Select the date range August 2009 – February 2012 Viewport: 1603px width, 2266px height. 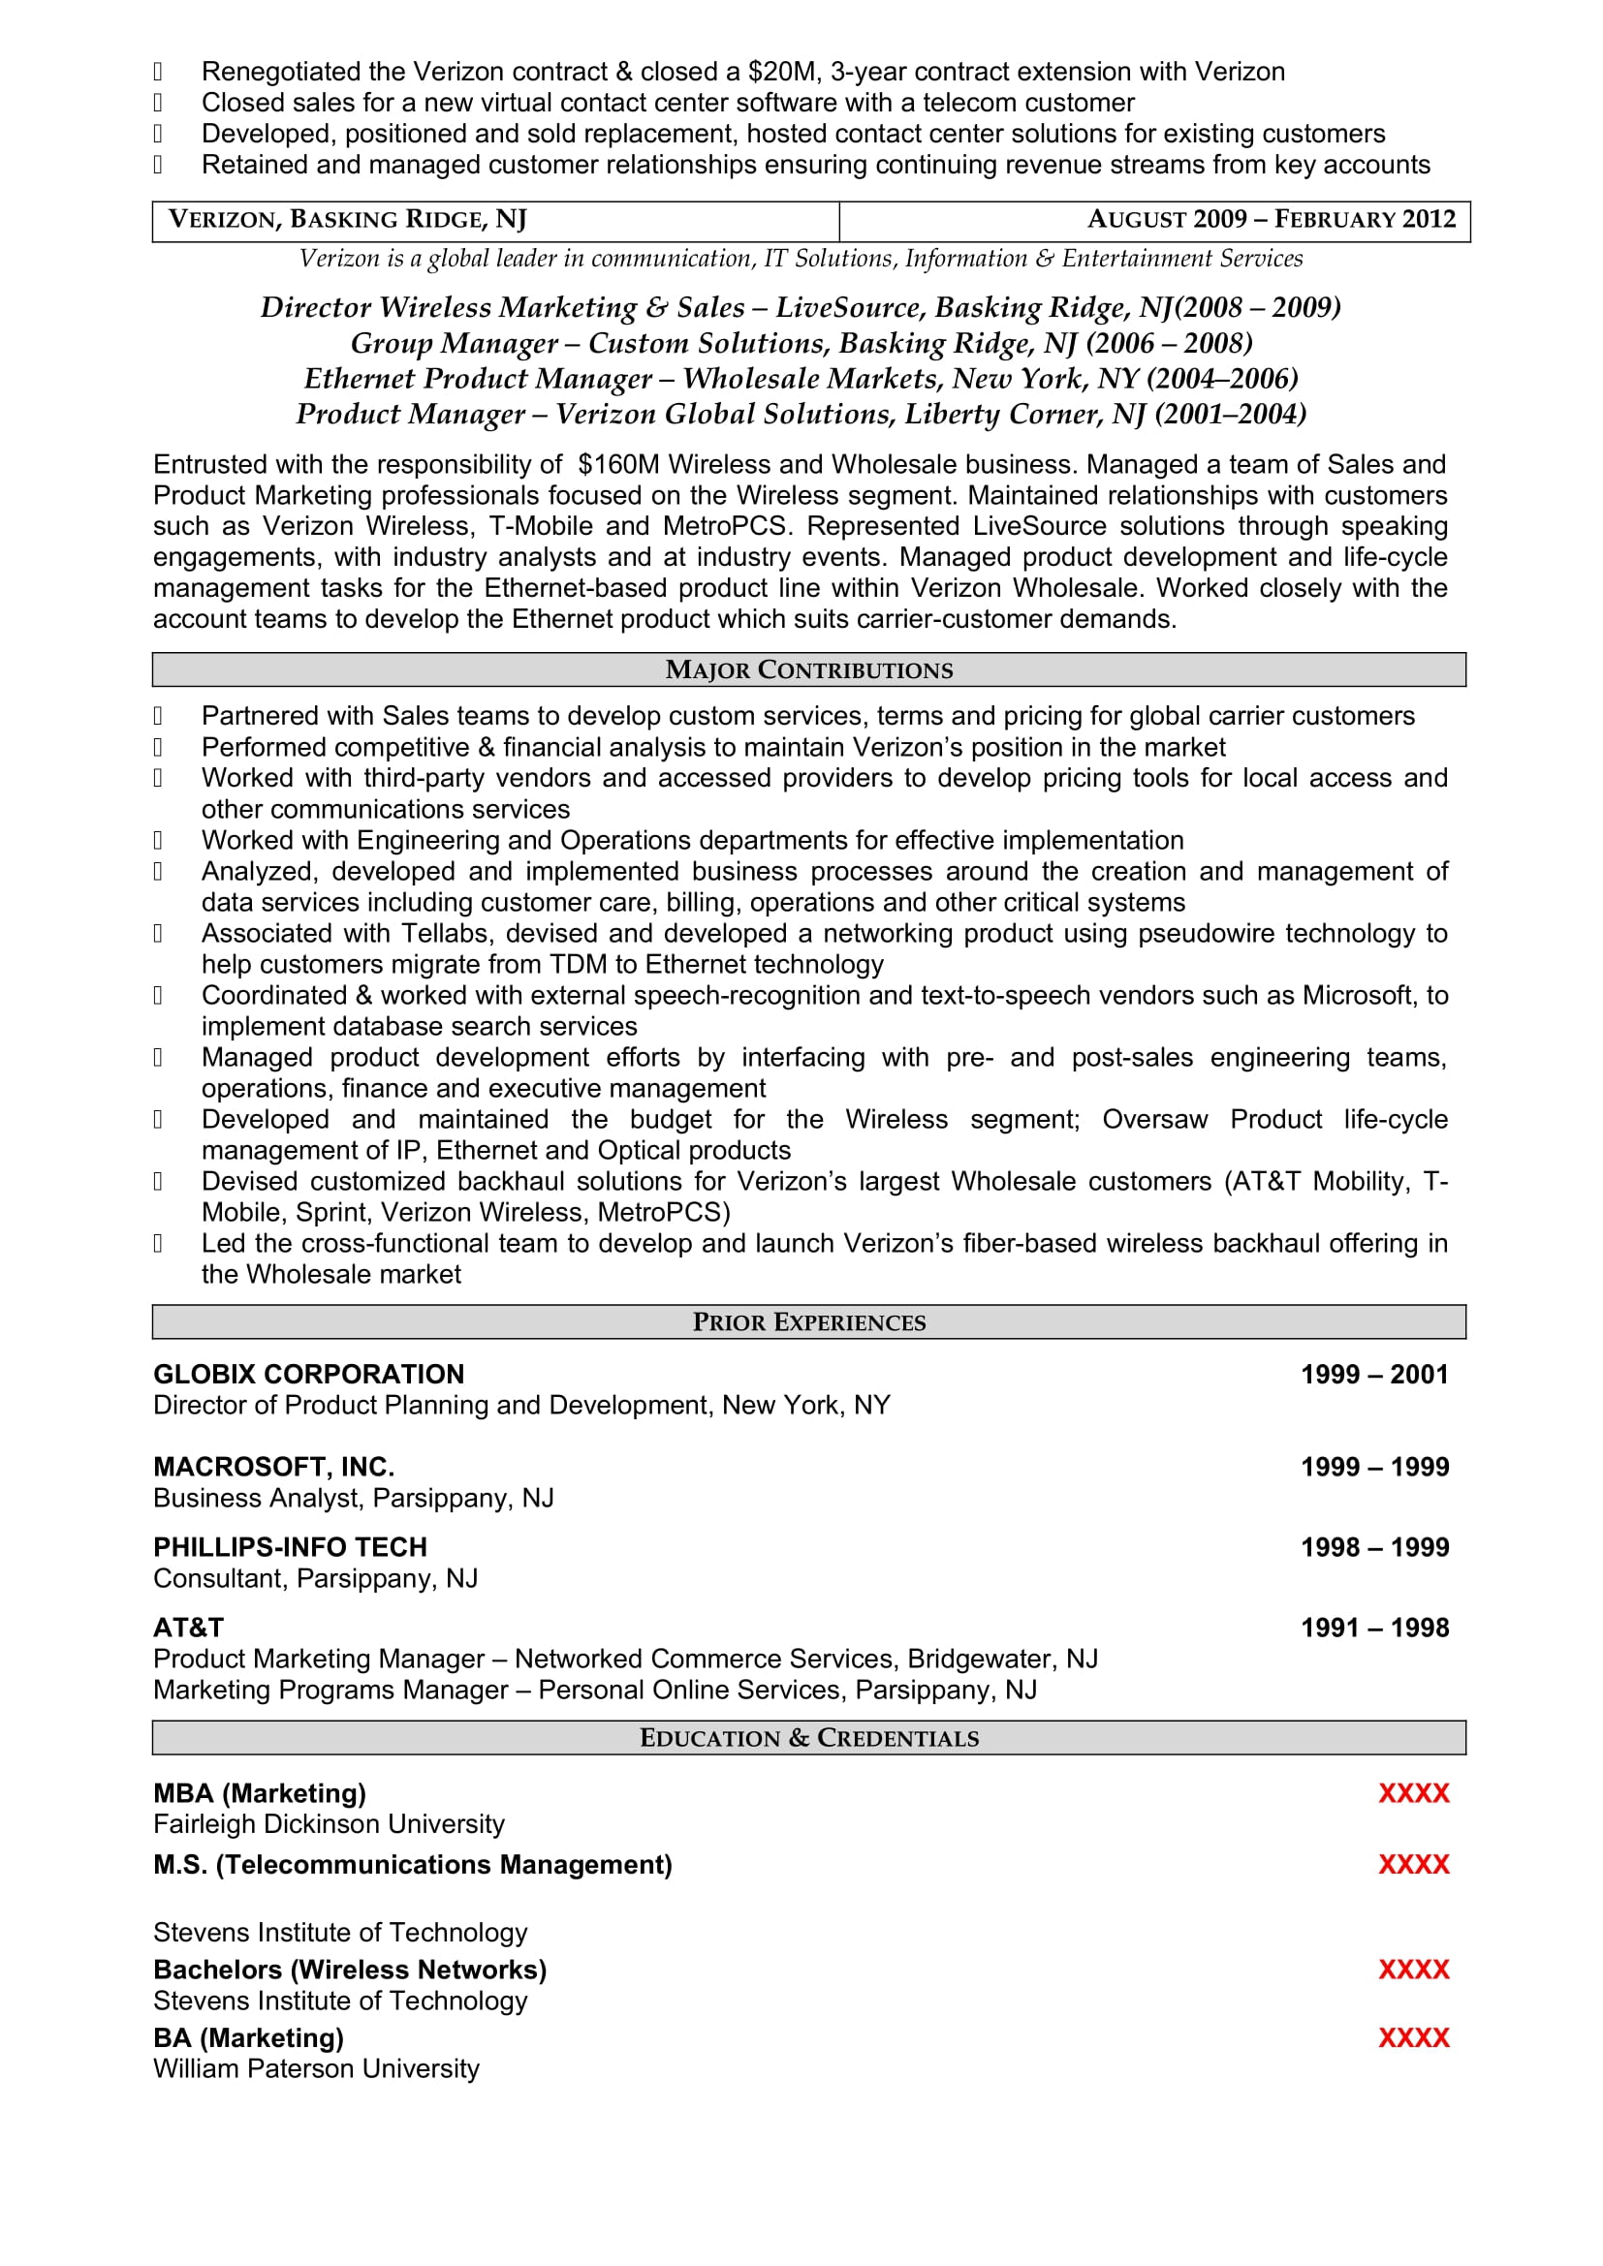[1271, 219]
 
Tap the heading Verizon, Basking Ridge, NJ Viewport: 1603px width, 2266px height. [348, 219]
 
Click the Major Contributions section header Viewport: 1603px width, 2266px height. [808, 670]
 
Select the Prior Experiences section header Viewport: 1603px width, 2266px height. [808, 1322]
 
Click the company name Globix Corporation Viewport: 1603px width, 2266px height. [308, 1375]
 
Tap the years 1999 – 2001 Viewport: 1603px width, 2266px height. [1374, 1375]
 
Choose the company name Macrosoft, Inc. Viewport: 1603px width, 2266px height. [273, 1468]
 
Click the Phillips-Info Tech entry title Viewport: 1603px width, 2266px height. [290, 1547]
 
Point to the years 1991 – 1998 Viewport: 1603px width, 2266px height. [1374, 1628]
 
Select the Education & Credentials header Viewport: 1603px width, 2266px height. [808, 1738]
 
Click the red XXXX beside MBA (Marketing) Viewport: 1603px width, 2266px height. [1413, 1793]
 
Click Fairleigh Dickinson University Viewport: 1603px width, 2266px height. [329, 1824]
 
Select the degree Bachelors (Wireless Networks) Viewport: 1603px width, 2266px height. [350, 1970]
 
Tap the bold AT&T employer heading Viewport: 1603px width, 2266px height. [189, 1628]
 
